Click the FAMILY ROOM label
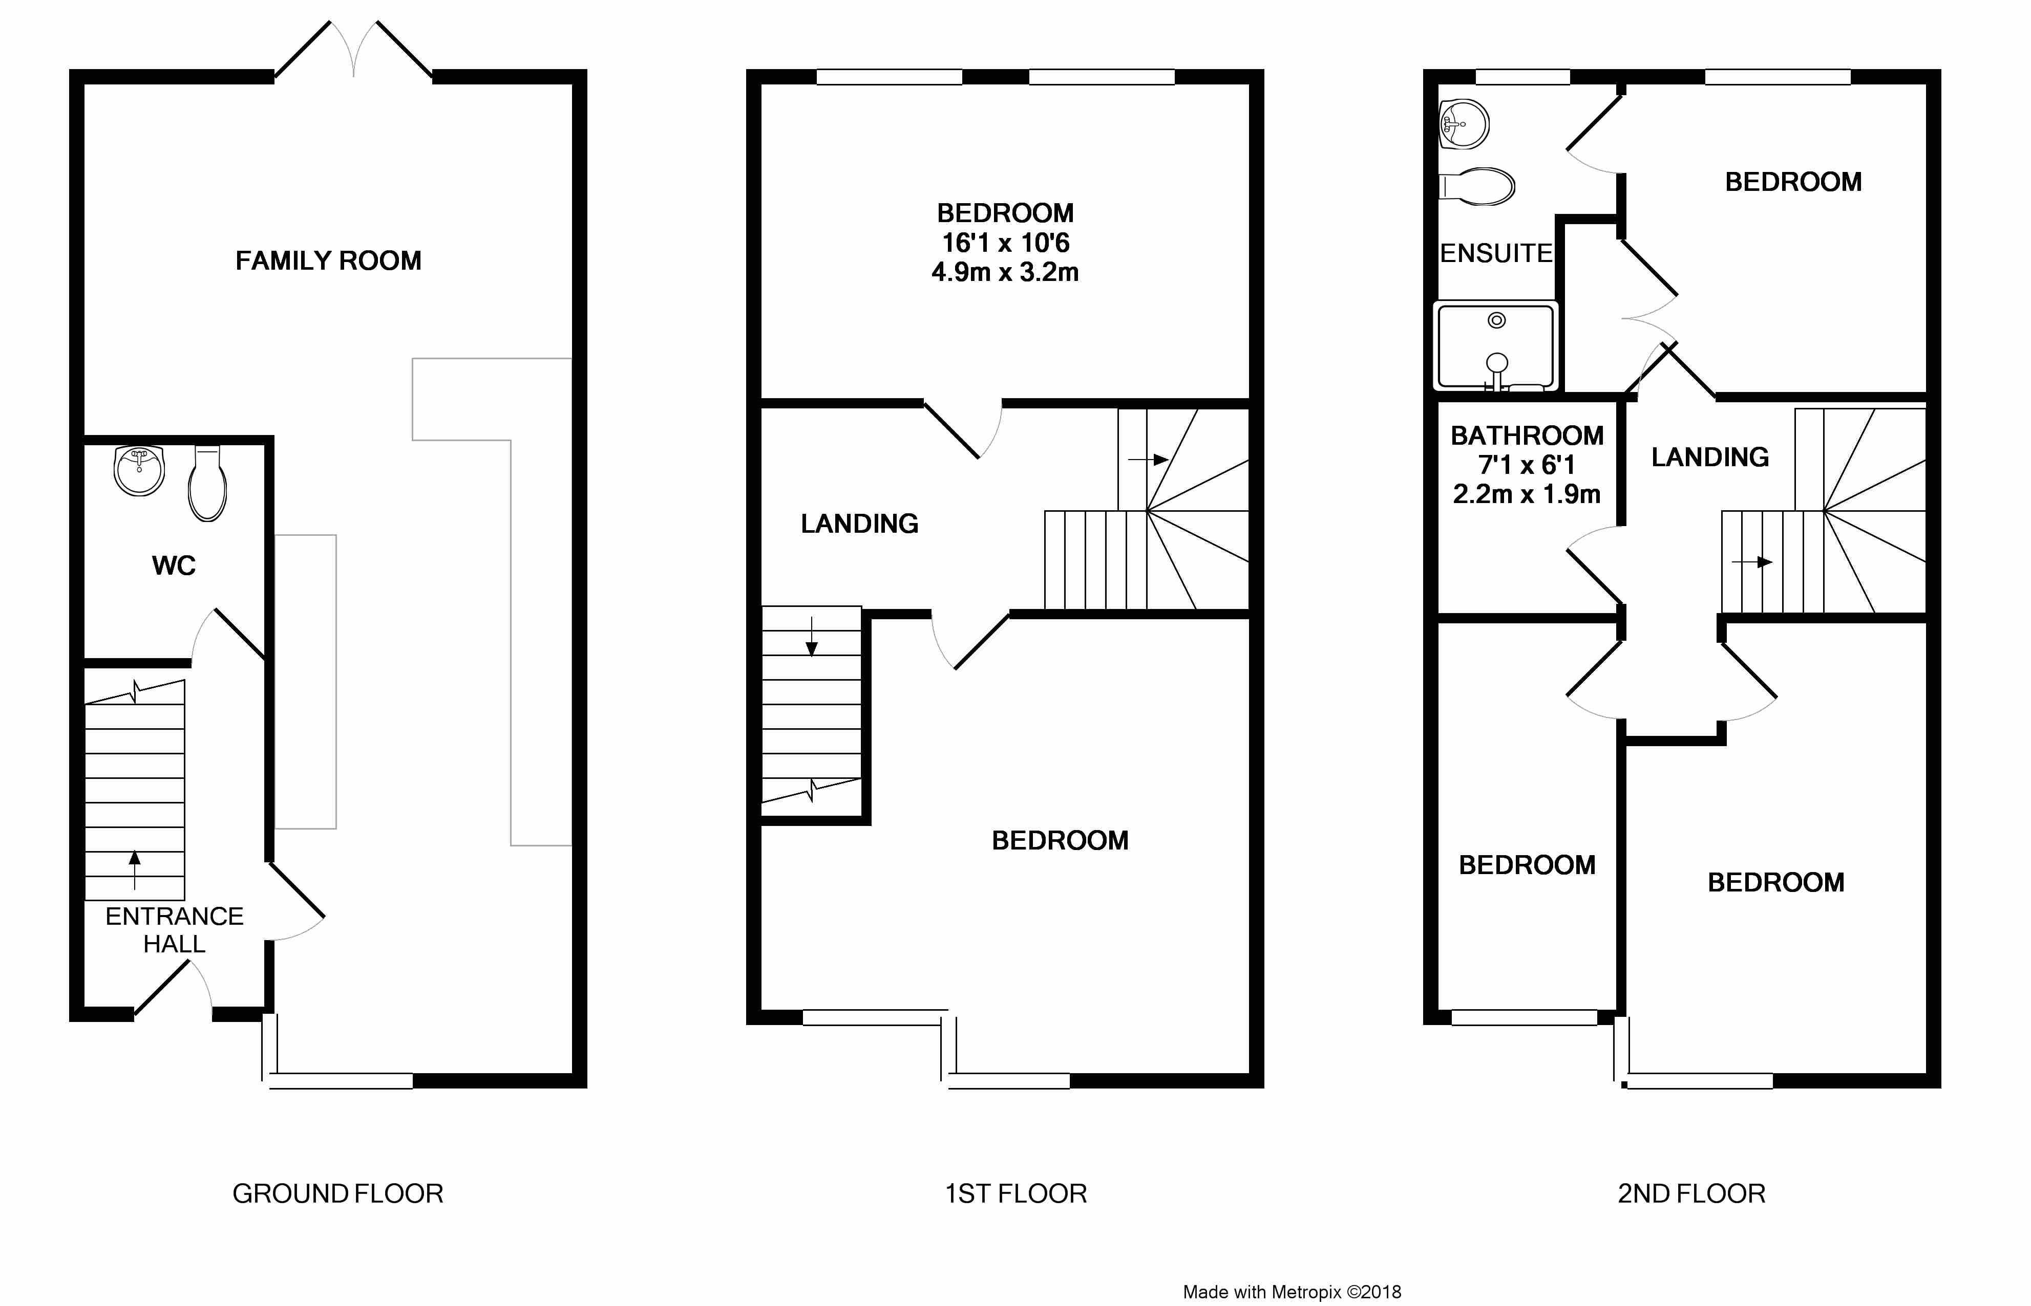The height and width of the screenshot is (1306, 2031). tap(328, 260)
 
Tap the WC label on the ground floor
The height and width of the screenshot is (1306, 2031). tap(174, 565)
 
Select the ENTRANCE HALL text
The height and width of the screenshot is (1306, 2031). tap(175, 929)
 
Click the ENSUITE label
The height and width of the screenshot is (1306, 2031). tap(1496, 253)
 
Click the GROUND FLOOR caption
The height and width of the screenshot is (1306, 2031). tap(337, 1194)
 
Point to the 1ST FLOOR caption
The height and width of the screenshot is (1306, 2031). tap(1015, 1194)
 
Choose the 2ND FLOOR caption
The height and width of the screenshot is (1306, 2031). tap(1691, 1194)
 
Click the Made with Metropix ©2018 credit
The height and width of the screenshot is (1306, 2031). tap(1292, 1292)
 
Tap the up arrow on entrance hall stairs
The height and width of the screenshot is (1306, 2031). tap(134, 870)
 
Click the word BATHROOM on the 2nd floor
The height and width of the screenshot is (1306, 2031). tap(1527, 436)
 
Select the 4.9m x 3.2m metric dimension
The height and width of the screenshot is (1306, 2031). tap(1005, 272)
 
